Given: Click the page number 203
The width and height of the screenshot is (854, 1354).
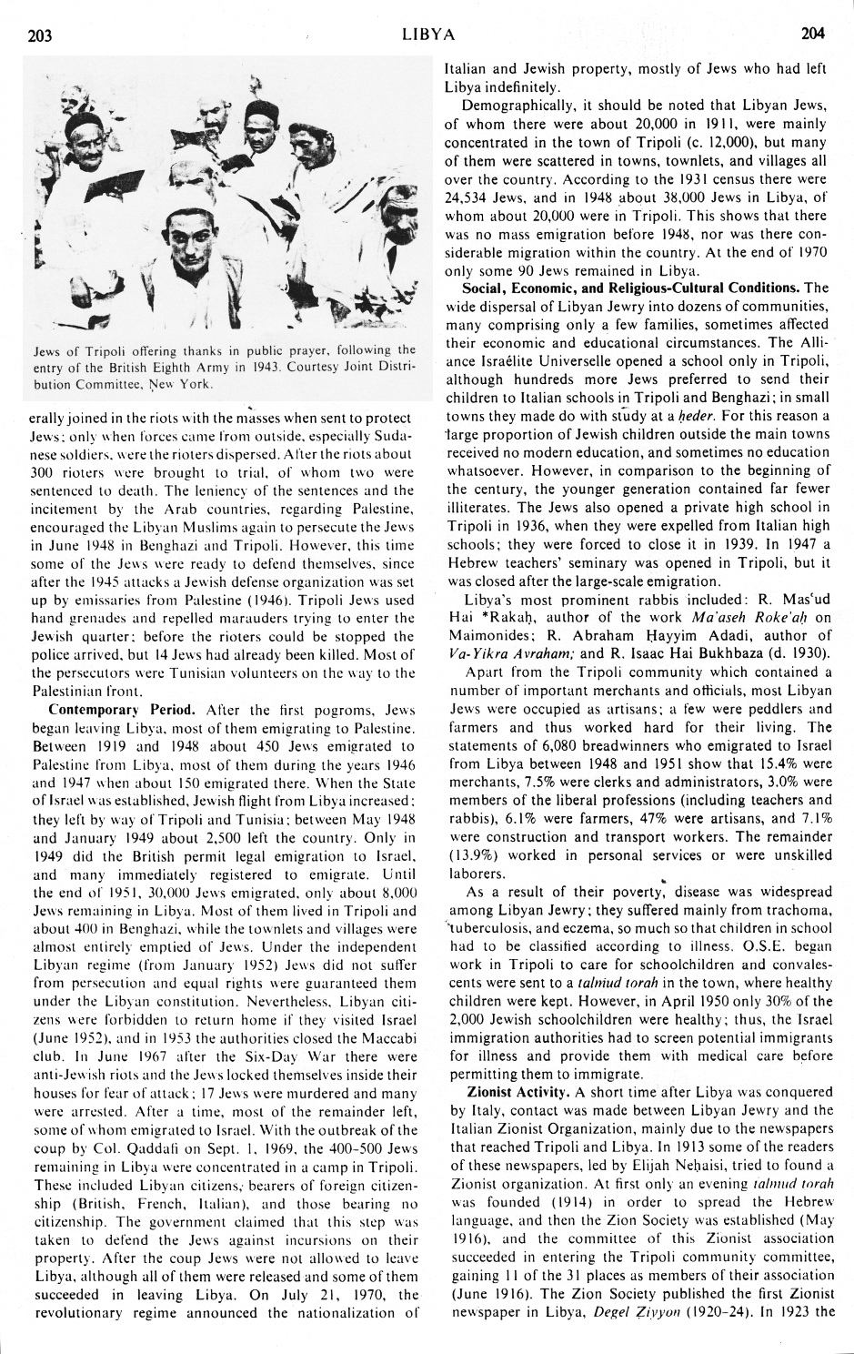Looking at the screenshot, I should (x=42, y=35).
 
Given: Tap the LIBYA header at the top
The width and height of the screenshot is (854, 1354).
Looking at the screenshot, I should (x=427, y=35).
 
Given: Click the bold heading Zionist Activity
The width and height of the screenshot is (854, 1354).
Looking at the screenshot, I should (x=520, y=1091).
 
